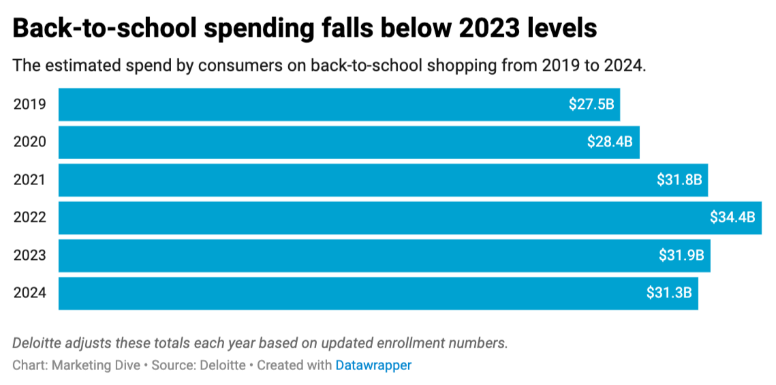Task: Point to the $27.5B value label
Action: pos(591,104)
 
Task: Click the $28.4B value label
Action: pos(610,142)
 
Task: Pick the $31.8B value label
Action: pos(679,180)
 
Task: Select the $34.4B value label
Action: pos(732,218)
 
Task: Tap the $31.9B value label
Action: pos(681,256)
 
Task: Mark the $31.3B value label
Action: pos(669,293)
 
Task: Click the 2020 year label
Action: pos(30,142)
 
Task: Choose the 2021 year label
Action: pos(30,180)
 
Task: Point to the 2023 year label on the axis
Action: pos(30,256)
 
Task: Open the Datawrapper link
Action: pos(373,365)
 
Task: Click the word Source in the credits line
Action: pos(172,365)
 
